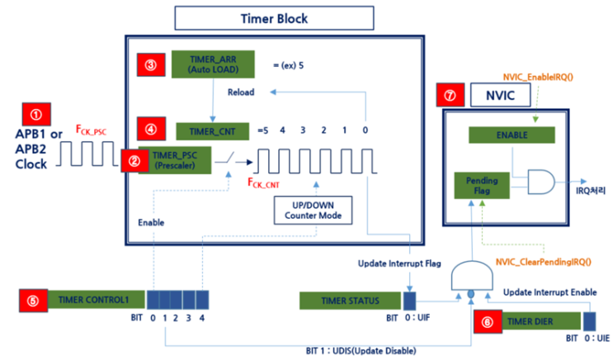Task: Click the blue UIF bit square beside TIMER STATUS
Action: [x=408, y=299]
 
